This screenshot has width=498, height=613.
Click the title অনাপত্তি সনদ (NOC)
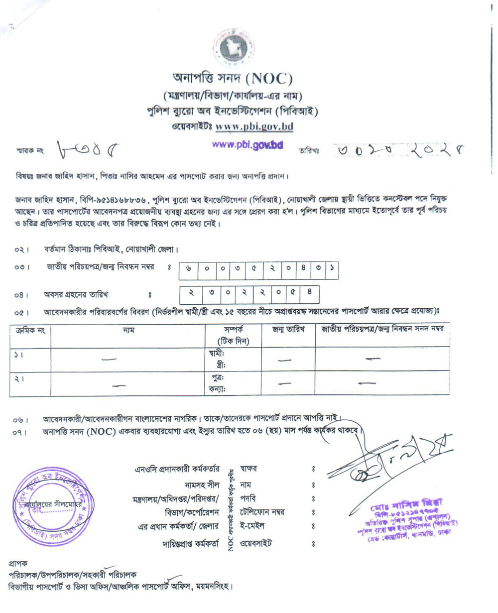(232, 79)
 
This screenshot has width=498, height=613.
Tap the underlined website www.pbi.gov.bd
(254, 127)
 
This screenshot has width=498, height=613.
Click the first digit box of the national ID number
(188, 269)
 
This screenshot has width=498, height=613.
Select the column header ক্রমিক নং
(30, 330)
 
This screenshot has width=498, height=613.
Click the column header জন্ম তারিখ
(288, 330)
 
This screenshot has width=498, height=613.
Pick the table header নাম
(128, 330)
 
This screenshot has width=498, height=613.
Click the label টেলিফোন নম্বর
(262, 512)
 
